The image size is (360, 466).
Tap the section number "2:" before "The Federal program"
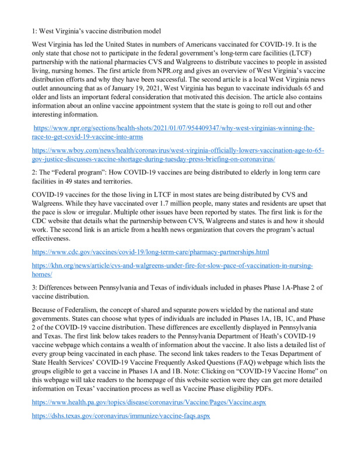click(35, 173)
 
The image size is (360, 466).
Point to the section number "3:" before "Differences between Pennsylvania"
click(35, 288)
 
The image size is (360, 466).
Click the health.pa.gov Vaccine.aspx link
click(149, 403)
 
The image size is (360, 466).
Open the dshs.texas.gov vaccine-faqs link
click(121, 416)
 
